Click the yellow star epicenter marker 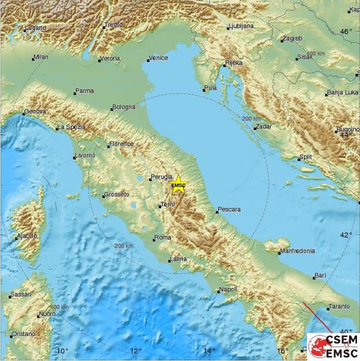(178, 184)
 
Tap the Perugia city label (162, 177)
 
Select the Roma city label (163, 238)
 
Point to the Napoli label (230, 289)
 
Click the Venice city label (158, 58)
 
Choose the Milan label (41, 57)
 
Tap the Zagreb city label (291, 39)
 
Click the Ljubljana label (240, 26)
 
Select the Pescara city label (229, 209)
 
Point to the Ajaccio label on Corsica (27, 235)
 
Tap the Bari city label (320, 276)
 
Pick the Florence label (121, 144)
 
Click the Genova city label (34, 112)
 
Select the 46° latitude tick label (346, 31)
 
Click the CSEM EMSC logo (333, 345)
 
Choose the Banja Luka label (342, 93)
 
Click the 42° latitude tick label (346, 235)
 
